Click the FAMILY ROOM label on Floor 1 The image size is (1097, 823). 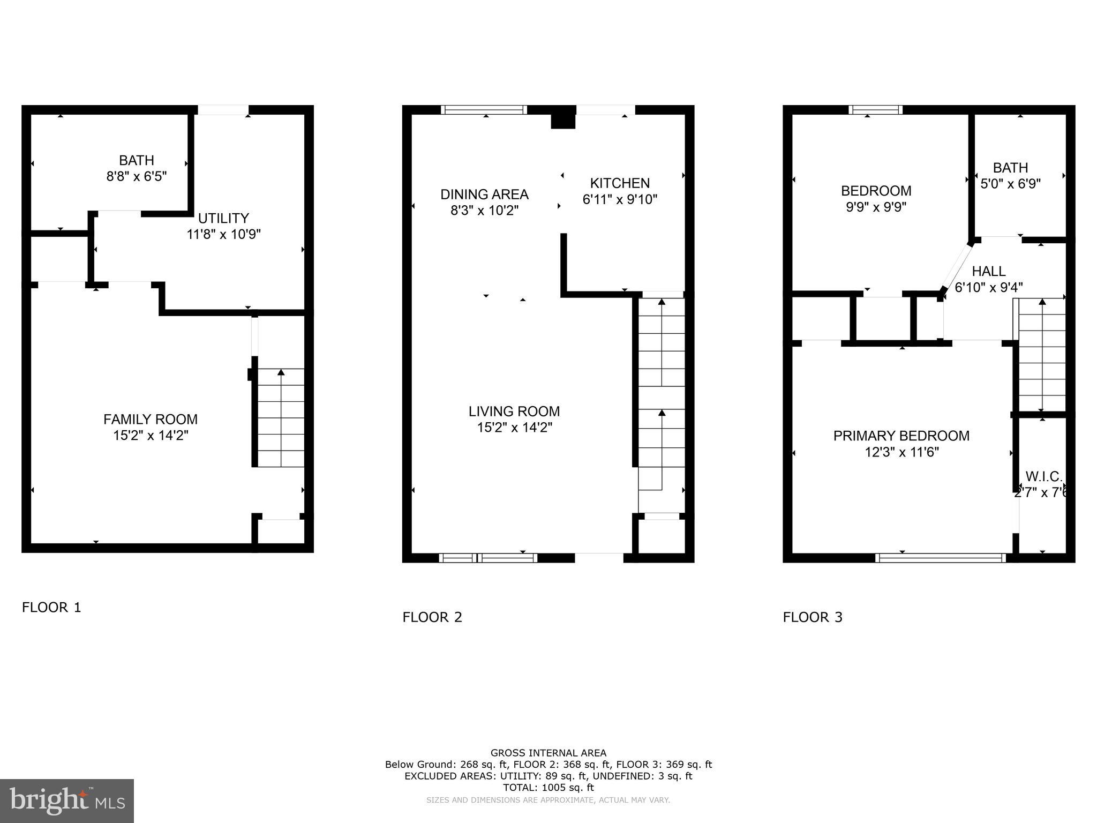[151, 419]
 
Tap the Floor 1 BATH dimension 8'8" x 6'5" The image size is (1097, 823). [137, 176]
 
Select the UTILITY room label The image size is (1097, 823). [223, 218]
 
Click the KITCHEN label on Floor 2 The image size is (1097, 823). [620, 183]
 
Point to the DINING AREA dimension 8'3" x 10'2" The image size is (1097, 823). [484, 211]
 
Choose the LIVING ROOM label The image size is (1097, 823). [514, 411]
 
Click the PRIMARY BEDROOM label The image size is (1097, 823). [901, 436]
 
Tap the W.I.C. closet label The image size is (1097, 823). [1043, 476]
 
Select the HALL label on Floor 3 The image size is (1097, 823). [989, 271]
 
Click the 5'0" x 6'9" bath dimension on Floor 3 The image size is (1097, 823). [1010, 184]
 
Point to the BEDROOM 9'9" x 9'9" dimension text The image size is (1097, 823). [876, 207]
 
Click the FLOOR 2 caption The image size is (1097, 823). [432, 617]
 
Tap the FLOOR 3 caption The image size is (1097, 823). [813, 617]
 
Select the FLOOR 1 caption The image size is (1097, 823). [51, 607]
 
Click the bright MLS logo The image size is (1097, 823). [67, 800]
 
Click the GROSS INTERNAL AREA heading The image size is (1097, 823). [548, 753]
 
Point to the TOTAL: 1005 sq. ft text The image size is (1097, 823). [548, 788]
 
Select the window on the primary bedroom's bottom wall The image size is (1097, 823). [940, 558]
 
